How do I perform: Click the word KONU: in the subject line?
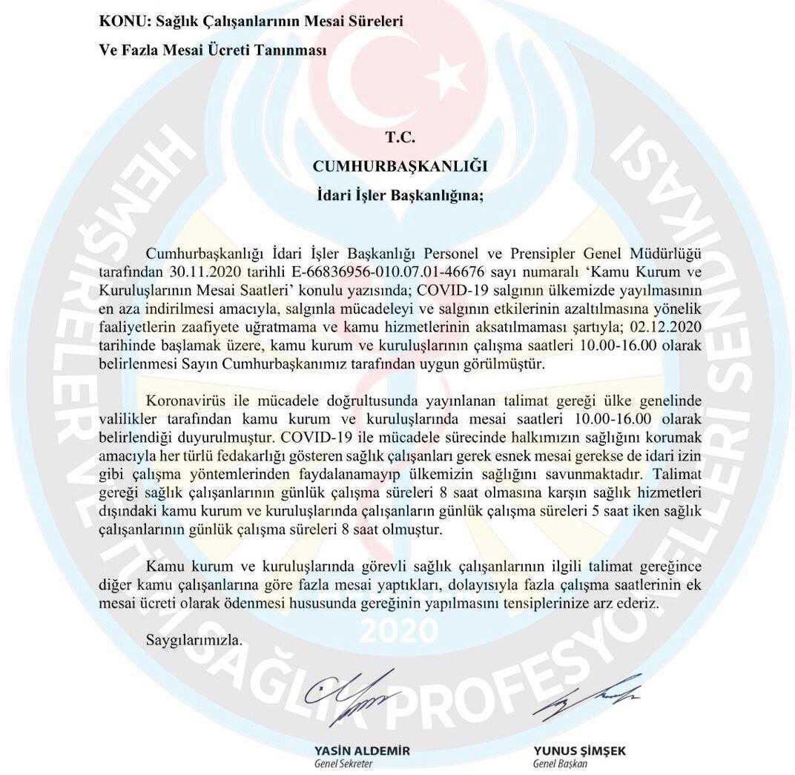point(121,22)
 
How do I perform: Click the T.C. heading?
point(398,137)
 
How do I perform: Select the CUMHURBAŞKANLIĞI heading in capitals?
point(397,167)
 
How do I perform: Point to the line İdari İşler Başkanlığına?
point(397,197)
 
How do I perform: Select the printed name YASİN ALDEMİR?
point(362,751)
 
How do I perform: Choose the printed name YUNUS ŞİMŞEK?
point(579,751)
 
